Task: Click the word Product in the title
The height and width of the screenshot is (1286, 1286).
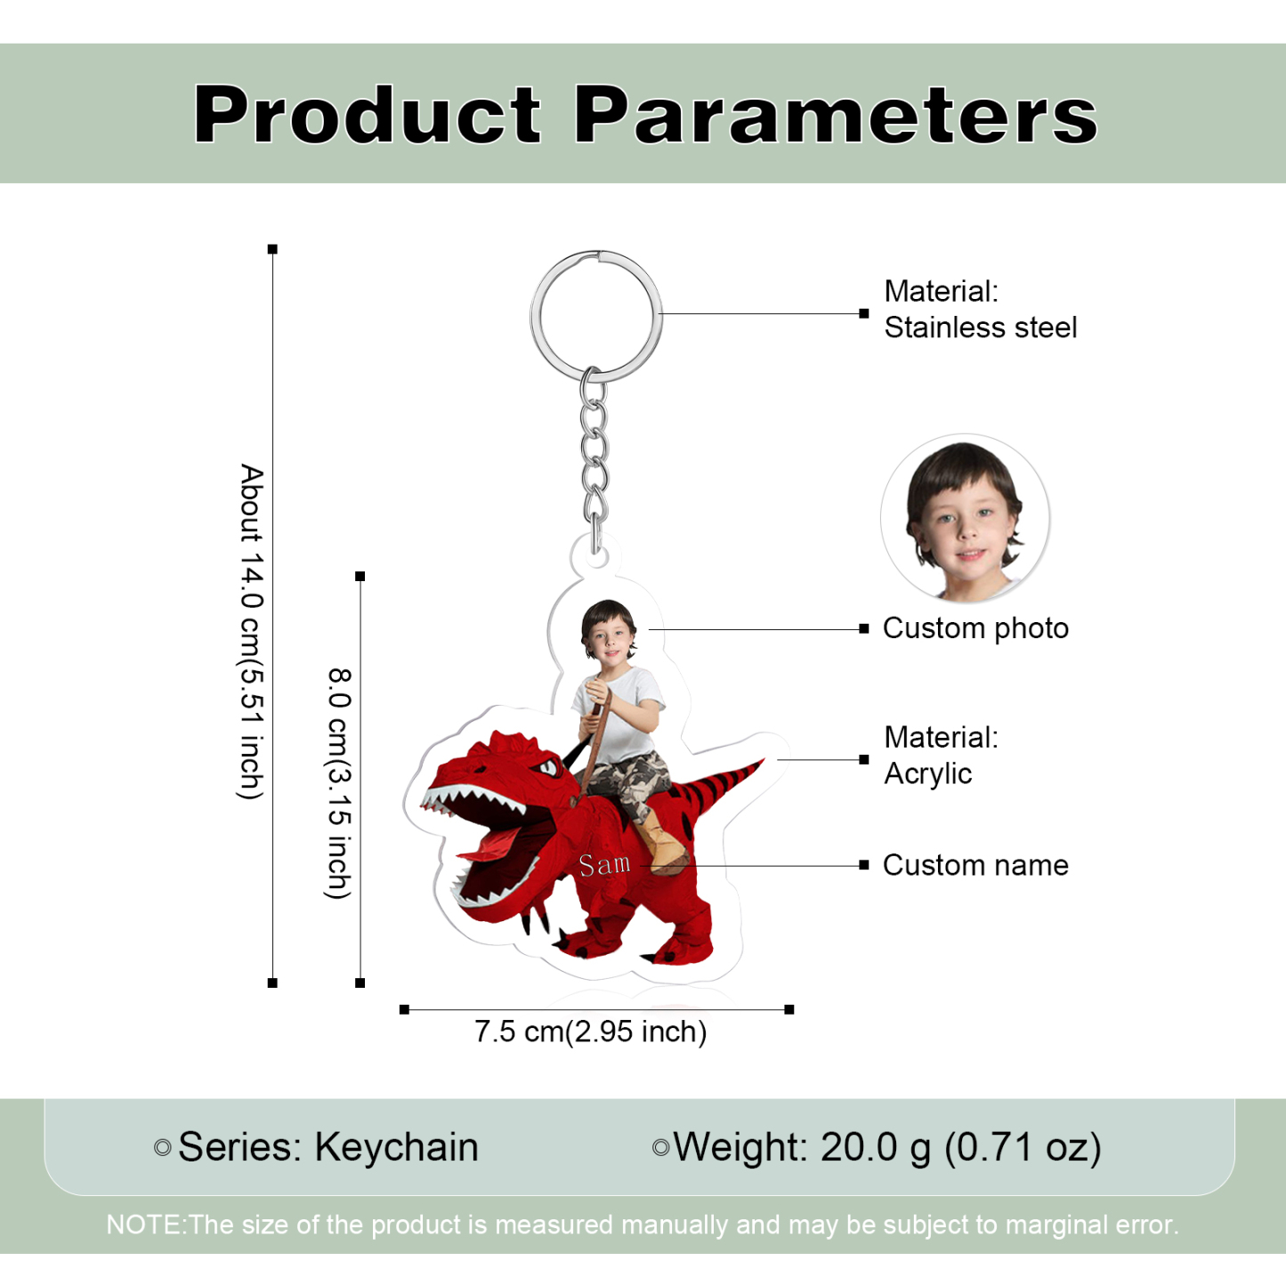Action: tap(367, 114)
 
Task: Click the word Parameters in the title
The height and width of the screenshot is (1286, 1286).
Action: tap(836, 114)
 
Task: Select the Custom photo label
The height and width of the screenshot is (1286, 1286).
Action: tap(975, 628)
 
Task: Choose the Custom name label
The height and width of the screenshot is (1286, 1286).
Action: tap(975, 865)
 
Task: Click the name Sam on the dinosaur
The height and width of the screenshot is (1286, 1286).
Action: tap(604, 864)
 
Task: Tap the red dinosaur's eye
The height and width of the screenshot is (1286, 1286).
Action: tap(548, 767)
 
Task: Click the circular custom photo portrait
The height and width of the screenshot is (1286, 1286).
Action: tap(965, 518)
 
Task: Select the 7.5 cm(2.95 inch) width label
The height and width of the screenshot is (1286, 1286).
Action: tap(591, 1031)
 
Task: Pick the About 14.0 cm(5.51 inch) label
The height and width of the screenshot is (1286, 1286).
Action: tap(252, 631)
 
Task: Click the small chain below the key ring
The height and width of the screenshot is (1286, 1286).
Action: tap(594, 459)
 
